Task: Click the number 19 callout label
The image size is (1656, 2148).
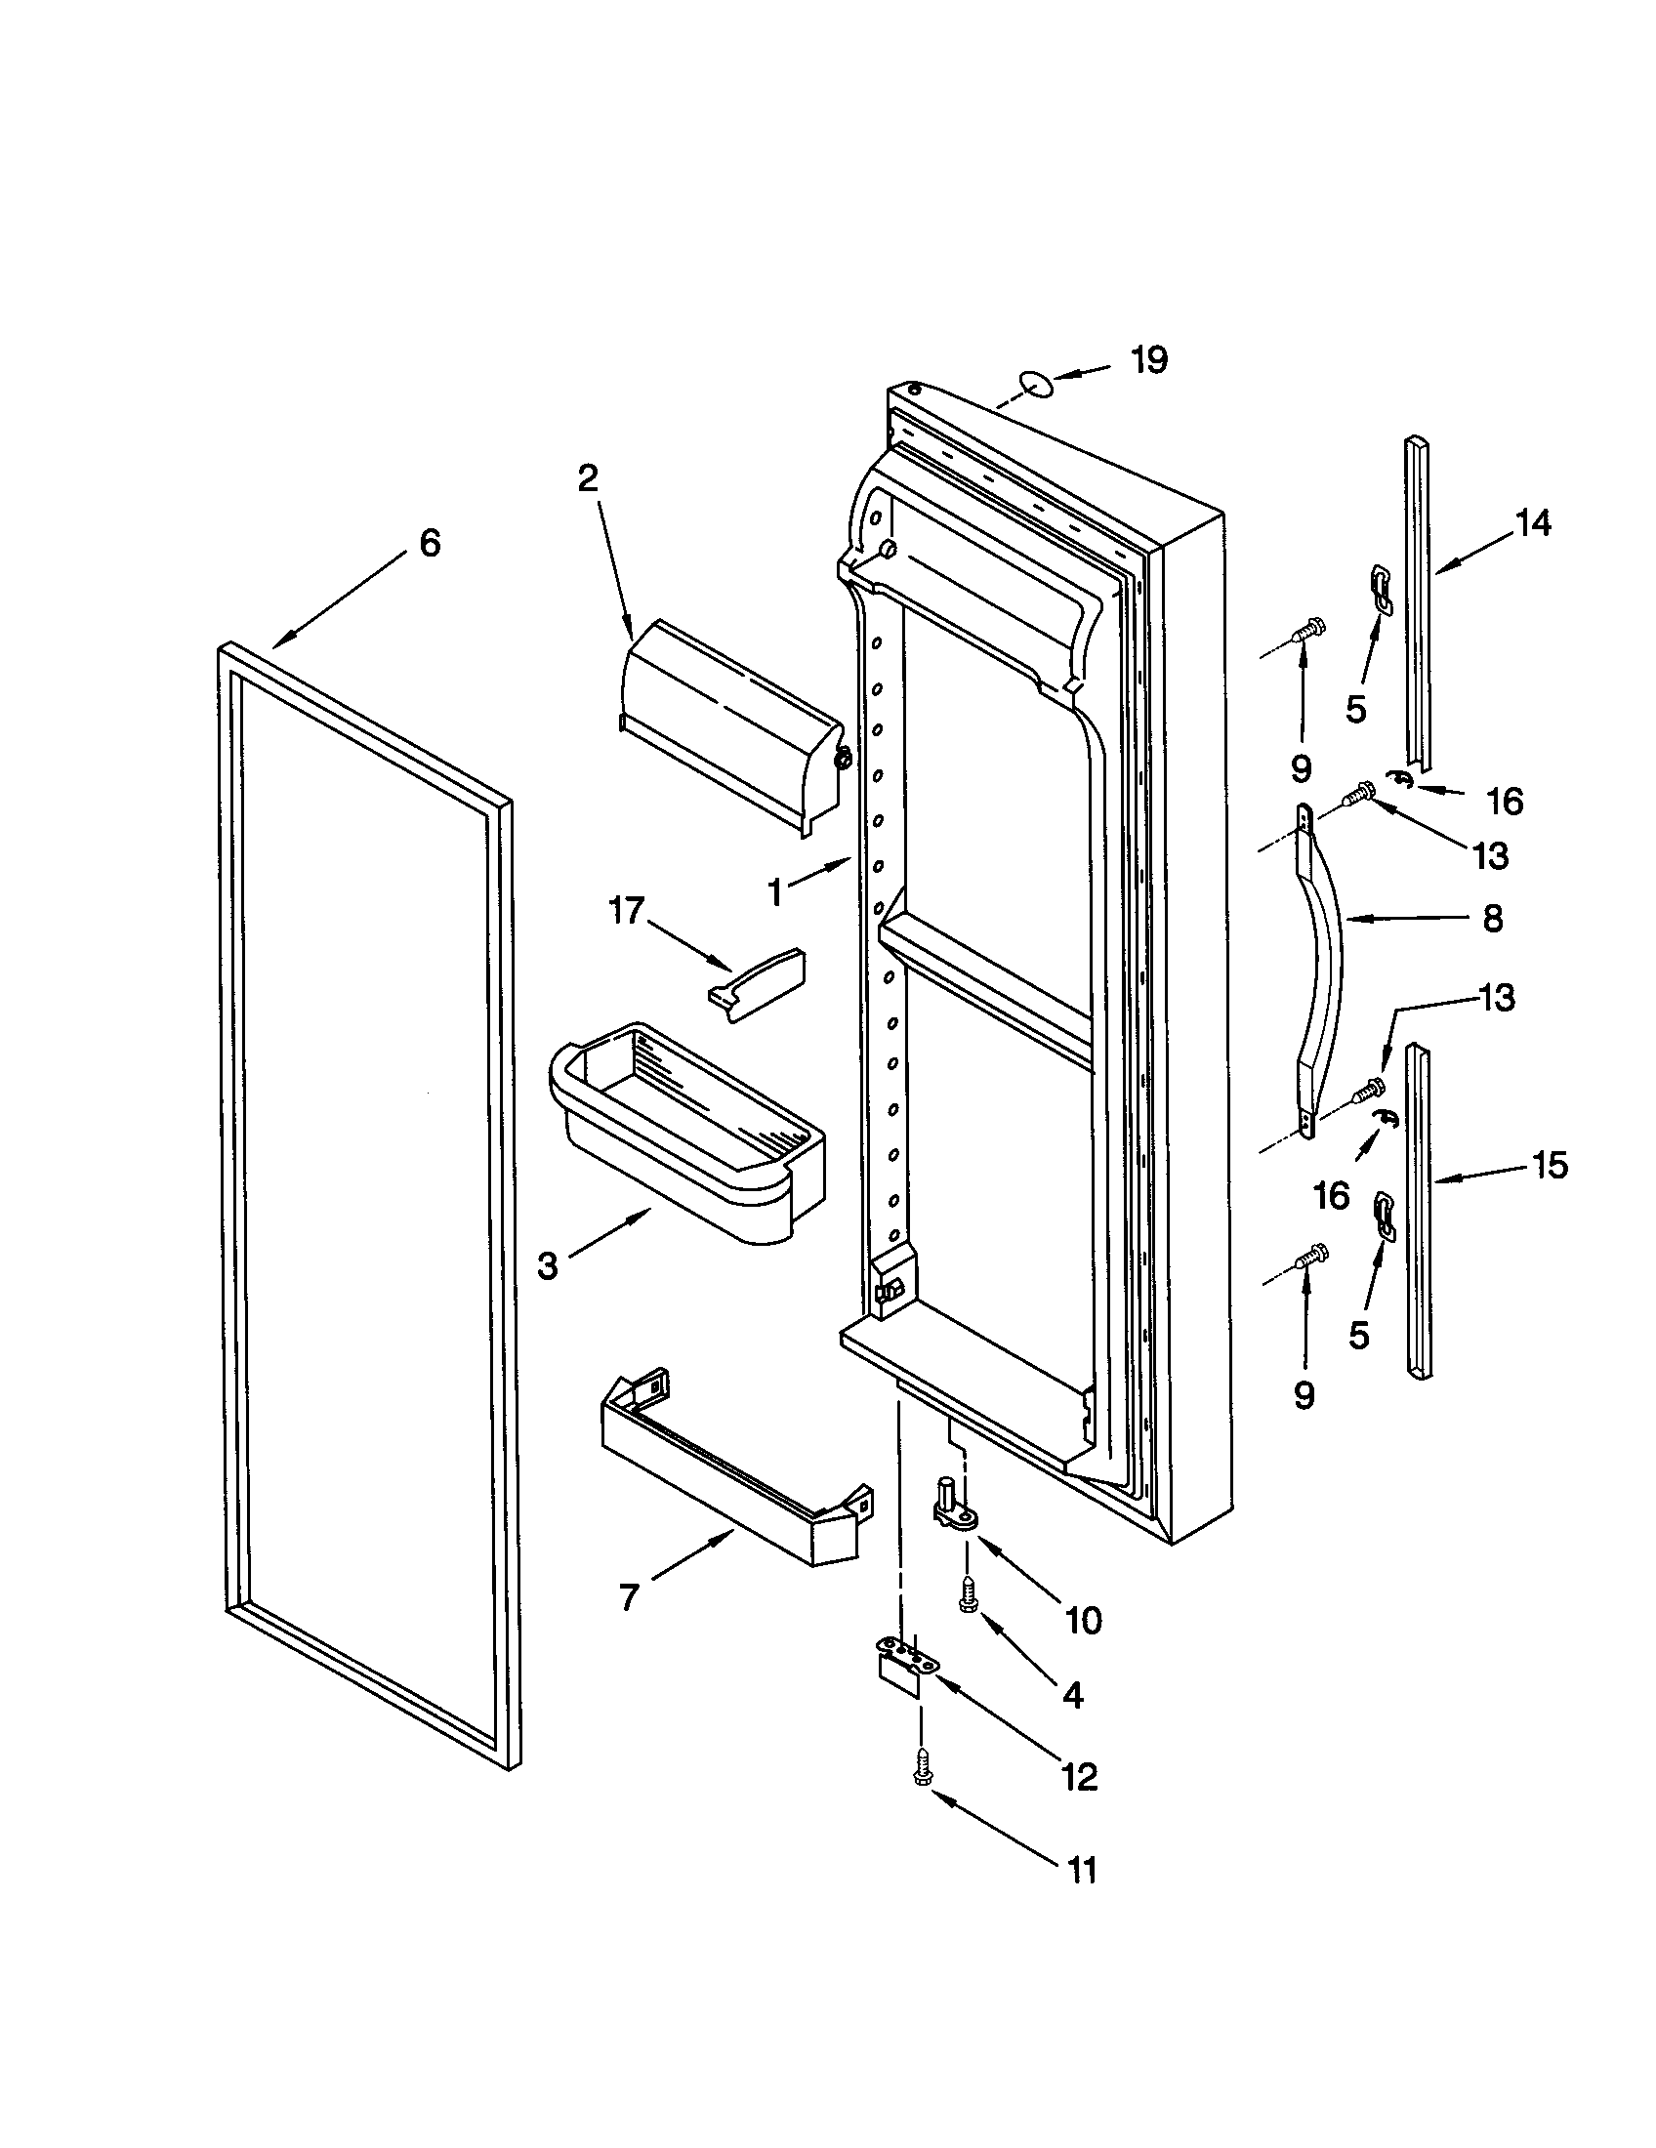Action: [x=1147, y=360]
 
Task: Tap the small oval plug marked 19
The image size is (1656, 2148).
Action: [x=1034, y=383]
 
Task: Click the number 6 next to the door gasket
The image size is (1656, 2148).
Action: [x=430, y=543]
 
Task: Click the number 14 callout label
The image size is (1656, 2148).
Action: [x=1532, y=523]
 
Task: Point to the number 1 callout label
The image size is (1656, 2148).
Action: [x=775, y=893]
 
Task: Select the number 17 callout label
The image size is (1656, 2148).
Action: [x=627, y=911]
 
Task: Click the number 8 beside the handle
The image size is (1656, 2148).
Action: [x=1492, y=919]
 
